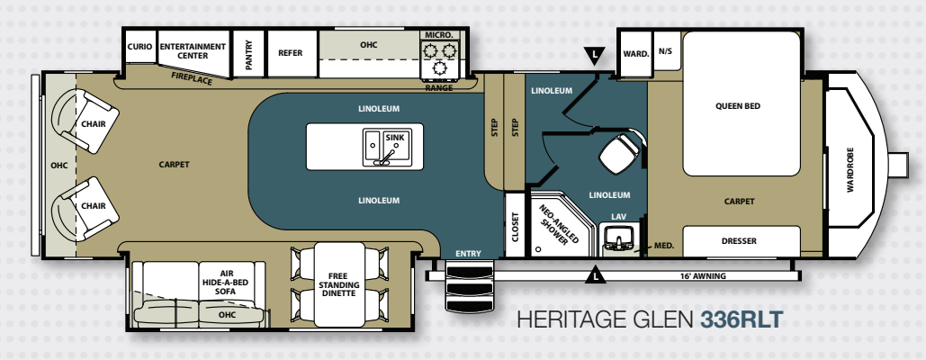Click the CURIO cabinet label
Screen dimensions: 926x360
coord(139,47)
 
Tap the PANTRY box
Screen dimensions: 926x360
coord(248,54)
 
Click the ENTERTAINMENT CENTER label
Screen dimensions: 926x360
coord(193,50)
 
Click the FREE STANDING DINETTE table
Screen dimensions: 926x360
coord(339,283)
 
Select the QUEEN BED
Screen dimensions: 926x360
coord(742,103)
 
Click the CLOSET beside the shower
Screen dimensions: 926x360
coord(515,225)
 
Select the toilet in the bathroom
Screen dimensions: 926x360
coord(619,152)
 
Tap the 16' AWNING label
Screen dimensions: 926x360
coord(703,276)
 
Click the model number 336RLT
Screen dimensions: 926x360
coord(742,319)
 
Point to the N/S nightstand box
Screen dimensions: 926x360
coord(667,50)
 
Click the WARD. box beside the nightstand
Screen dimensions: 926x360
coord(635,53)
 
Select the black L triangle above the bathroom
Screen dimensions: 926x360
coord(596,56)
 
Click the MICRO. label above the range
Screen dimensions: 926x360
coord(439,35)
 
